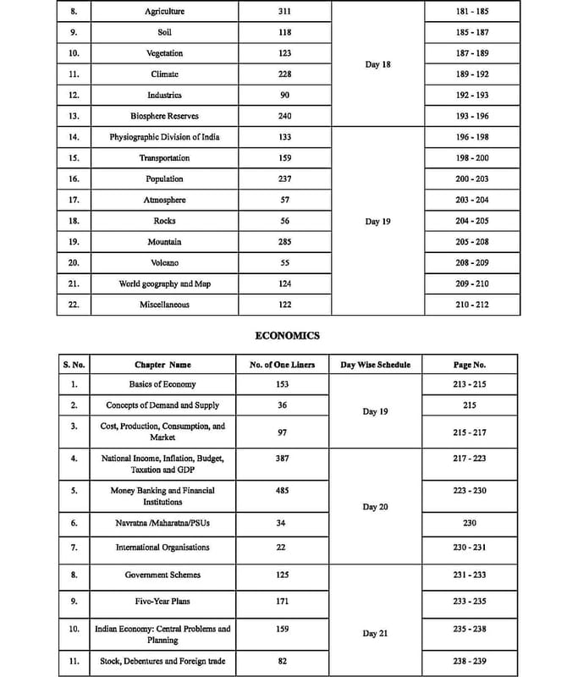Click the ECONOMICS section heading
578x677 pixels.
click(288, 335)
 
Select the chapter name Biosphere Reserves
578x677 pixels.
click(164, 116)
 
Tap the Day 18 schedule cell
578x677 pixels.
click(377, 64)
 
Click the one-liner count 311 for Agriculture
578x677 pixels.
click(284, 12)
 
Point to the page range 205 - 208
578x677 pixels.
click(469, 242)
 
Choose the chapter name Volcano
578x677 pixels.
click(164, 263)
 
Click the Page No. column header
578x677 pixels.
click(469, 365)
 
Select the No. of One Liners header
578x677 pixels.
click(284, 365)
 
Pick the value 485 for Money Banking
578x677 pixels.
click(284, 490)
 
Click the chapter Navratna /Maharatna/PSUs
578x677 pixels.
click(162, 523)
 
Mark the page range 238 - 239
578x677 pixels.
click(469, 660)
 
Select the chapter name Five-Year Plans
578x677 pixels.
click(162, 602)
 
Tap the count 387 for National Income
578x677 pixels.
click(284, 458)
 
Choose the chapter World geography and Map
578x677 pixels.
click(164, 284)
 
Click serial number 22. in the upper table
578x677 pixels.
click(74, 305)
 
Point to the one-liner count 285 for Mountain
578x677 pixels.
click(284, 242)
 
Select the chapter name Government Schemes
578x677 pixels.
click(162, 575)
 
